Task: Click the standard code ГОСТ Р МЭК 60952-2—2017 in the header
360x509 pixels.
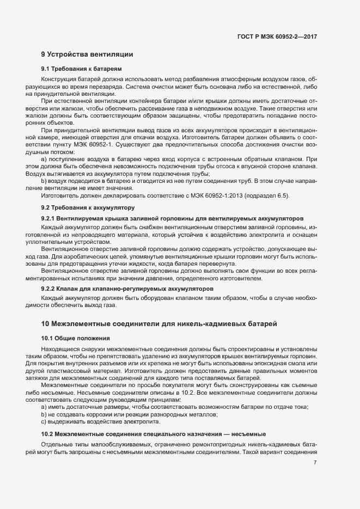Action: click(277, 36)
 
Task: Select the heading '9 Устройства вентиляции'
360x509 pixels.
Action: click(87, 54)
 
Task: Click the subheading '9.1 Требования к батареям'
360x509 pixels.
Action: click(81, 69)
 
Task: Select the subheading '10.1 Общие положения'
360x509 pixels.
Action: click(75, 338)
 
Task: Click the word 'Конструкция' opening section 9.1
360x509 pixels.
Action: click(59, 79)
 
